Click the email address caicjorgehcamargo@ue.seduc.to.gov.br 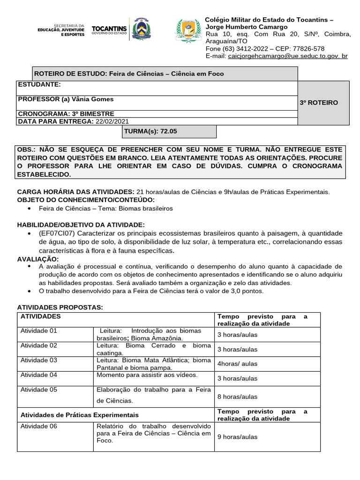pos(287,56)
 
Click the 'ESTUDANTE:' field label pos(39,85)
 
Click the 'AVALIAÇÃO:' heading pos(38,259)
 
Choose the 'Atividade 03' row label pos(39,360)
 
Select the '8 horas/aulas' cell pos(237,397)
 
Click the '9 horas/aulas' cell pos(237,436)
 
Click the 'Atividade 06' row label pos(39,426)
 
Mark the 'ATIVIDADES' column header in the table pos(40,316)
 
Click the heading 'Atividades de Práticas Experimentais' pos(80,415)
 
